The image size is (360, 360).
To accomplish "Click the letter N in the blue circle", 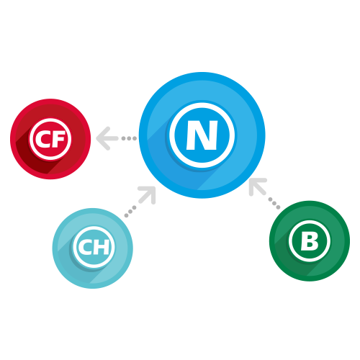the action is pos(202,135).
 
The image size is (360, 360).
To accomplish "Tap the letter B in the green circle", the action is pos(310,241).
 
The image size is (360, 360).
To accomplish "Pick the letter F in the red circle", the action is pos(58,139).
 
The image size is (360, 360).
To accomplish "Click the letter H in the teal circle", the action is pos(102,247).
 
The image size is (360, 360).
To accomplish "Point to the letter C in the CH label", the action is pos(85,247).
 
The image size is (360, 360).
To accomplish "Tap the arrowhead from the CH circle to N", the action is pos(148,195).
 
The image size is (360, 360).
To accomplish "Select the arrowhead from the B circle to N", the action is pos(258,187).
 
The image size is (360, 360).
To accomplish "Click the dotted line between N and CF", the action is pos(129,138).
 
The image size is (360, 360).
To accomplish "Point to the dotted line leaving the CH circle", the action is pos(130,212).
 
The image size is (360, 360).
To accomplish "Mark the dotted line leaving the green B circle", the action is pos(274,203).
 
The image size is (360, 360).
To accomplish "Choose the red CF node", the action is pos(50,139).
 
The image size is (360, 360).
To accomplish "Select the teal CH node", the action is pos(93,248).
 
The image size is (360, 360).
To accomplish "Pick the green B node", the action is pos(310,240).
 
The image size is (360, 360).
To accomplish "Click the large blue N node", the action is pos(202,135).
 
